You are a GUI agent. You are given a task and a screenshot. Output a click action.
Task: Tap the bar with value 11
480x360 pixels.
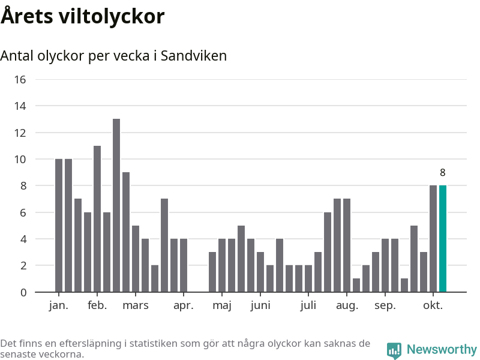click(97, 219)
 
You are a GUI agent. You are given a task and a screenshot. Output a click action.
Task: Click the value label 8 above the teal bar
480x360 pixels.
click(443, 173)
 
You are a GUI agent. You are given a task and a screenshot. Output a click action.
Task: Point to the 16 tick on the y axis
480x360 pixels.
click(20, 79)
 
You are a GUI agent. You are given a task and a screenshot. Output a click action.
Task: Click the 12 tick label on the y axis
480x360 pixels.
click(20, 133)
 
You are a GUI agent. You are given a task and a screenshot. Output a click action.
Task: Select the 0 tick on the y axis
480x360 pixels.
click(23, 292)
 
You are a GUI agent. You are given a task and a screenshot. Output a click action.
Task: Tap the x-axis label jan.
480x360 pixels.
click(59, 305)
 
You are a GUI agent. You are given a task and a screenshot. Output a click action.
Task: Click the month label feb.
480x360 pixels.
click(97, 305)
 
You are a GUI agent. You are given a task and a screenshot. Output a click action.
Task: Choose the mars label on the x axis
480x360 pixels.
click(136, 305)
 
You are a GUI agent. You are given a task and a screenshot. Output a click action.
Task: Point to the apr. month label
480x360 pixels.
click(184, 305)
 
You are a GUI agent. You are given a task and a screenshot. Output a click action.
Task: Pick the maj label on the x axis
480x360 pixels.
click(222, 306)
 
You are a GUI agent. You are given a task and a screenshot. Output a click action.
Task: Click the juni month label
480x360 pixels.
click(260, 305)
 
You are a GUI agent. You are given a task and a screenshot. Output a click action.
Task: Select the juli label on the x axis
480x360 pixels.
click(308, 305)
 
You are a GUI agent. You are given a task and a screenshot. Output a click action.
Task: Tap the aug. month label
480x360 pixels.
click(347, 306)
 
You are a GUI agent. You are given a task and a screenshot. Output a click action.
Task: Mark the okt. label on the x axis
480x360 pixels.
click(433, 305)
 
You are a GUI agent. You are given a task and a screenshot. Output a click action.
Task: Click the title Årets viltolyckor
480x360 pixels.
click(82, 16)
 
